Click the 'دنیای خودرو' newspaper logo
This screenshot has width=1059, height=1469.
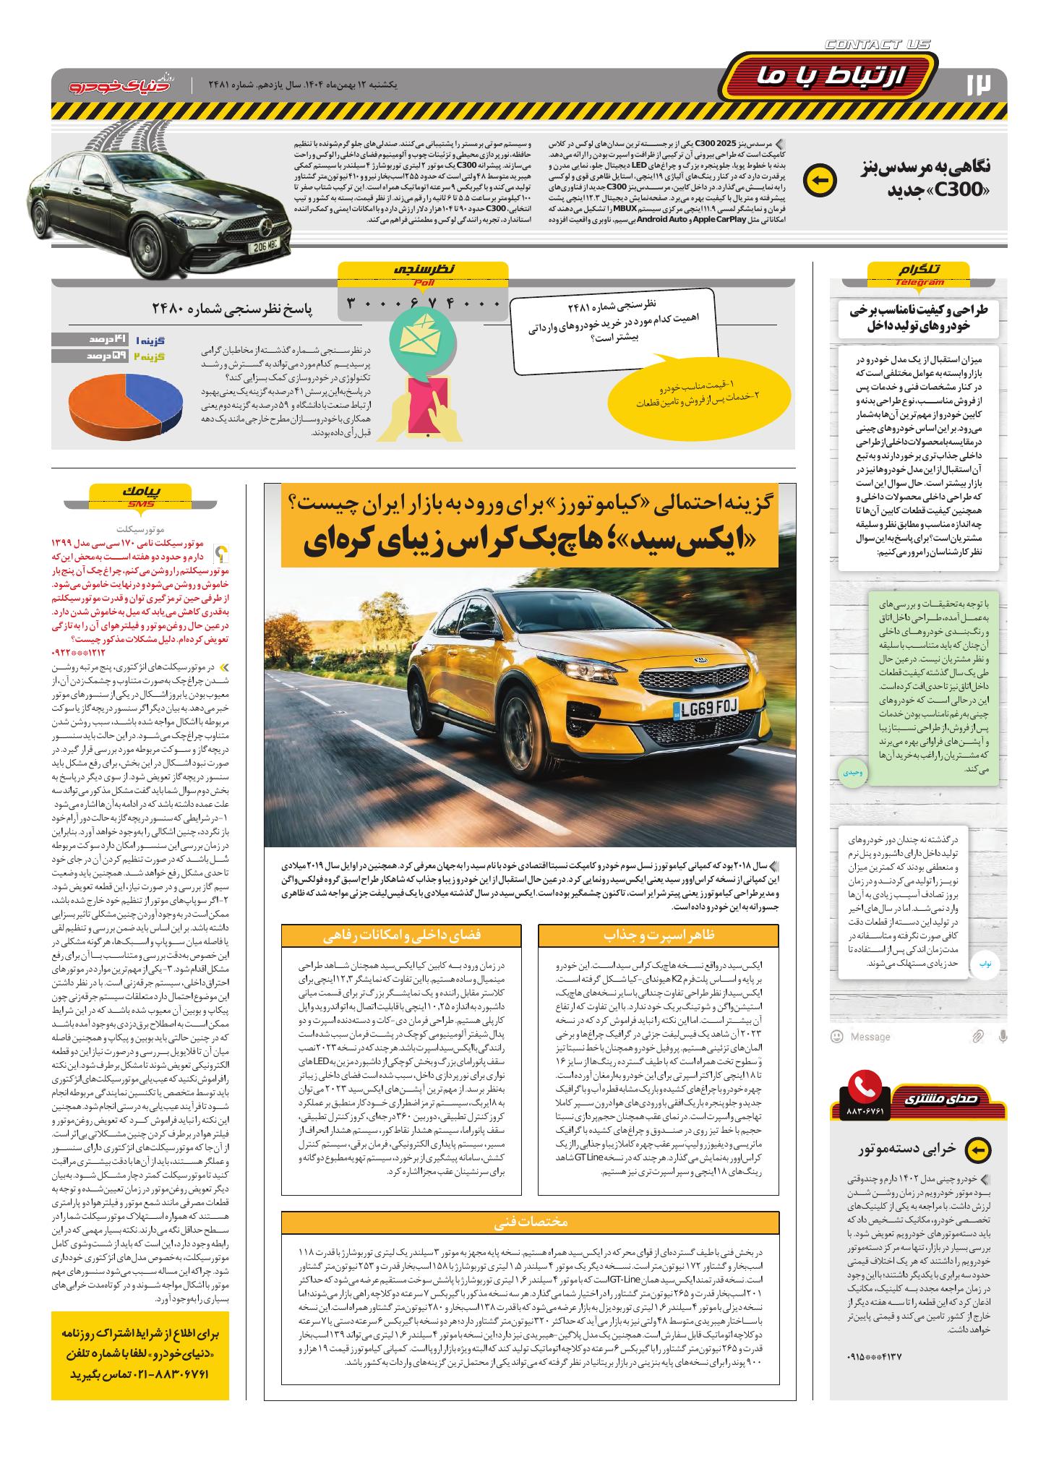pos(115,85)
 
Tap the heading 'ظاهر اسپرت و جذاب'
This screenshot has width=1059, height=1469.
pos(659,935)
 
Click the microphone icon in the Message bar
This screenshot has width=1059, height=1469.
pos(1003,1036)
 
